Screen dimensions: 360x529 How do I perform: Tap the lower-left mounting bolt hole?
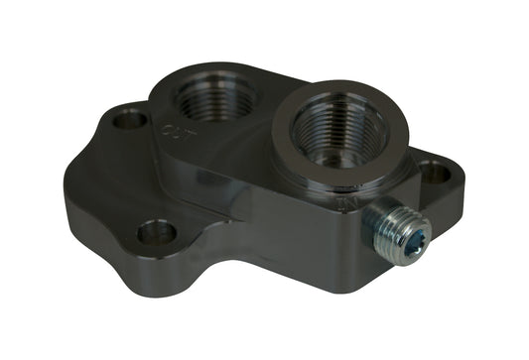tap(156, 233)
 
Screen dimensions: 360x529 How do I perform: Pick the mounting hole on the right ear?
tap(433, 171)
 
